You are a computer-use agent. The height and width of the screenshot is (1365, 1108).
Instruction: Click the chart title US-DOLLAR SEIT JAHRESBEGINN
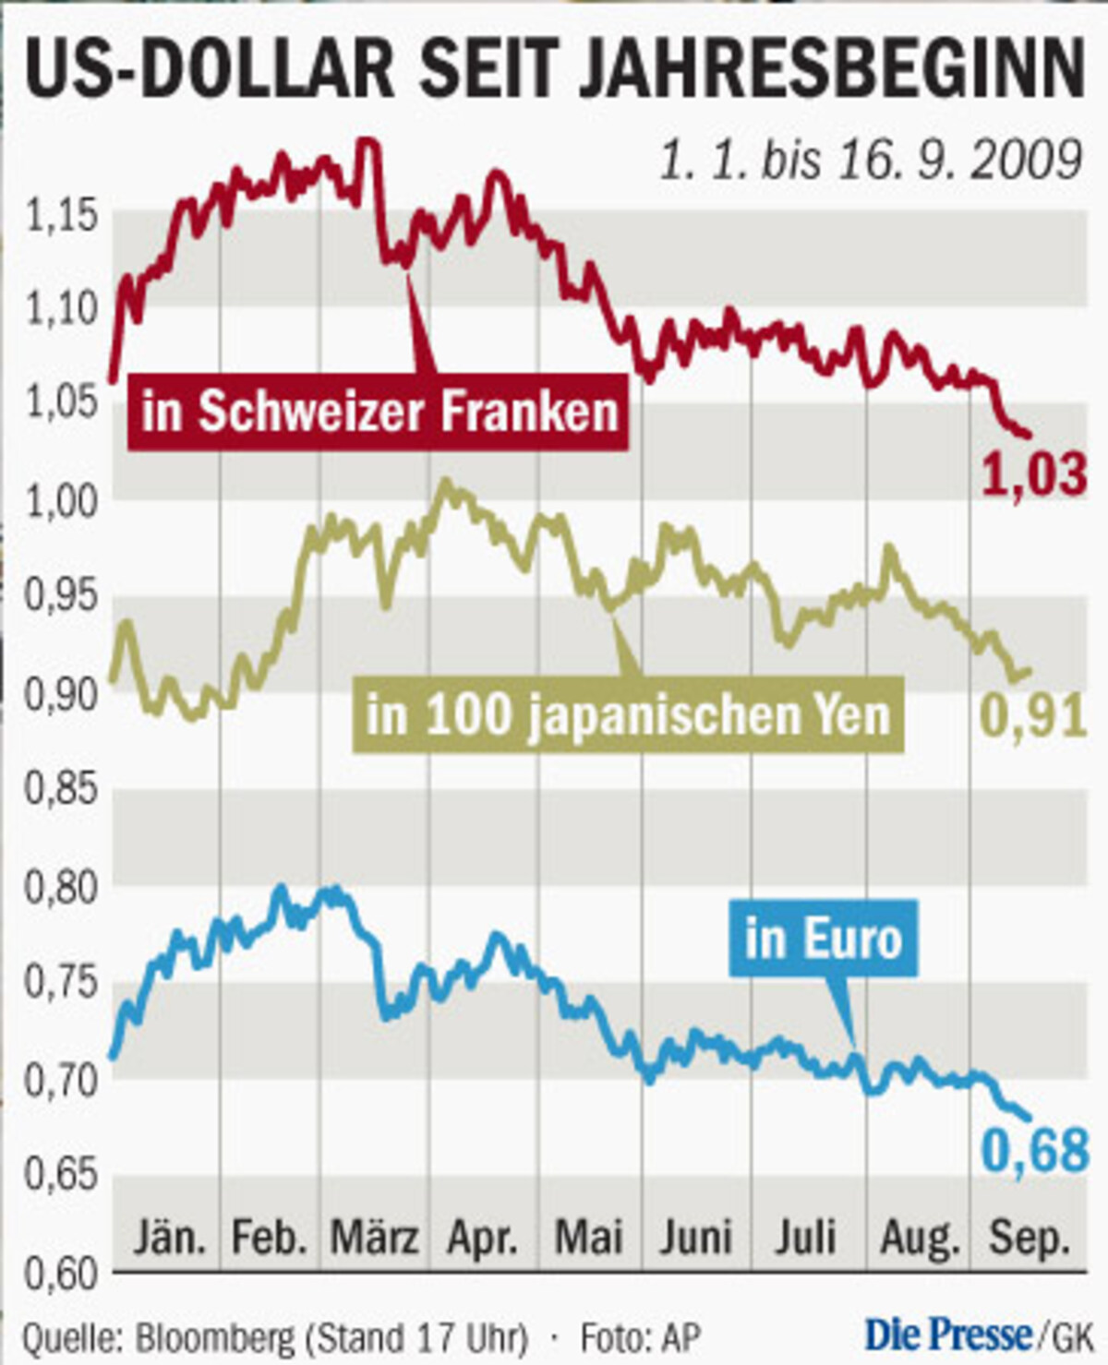coord(554,66)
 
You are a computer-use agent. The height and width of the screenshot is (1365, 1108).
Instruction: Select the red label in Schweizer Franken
coord(379,411)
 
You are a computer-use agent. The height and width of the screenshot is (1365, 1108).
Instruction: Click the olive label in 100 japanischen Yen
coord(628,714)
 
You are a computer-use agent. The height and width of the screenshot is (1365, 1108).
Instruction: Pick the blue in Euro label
coord(823,939)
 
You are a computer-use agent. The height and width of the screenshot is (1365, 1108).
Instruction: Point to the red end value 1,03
coord(1033,475)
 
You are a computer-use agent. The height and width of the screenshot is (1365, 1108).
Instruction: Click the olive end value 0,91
coord(1033,716)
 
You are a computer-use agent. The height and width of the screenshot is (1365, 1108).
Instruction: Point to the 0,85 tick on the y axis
coord(61,790)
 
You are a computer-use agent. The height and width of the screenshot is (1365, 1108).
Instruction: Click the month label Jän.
coord(169,1237)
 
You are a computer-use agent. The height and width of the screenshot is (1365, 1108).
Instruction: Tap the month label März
coord(374,1237)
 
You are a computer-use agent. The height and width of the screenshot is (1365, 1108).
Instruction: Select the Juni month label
coord(695,1237)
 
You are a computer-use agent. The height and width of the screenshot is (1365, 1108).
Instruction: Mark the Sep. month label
coord(1030,1237)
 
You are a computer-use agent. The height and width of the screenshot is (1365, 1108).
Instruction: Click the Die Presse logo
coord(948,1335)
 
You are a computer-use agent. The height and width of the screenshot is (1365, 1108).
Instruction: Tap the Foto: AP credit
coord(640,1337)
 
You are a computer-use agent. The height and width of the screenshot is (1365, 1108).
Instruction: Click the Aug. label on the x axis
coord(920,1237)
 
